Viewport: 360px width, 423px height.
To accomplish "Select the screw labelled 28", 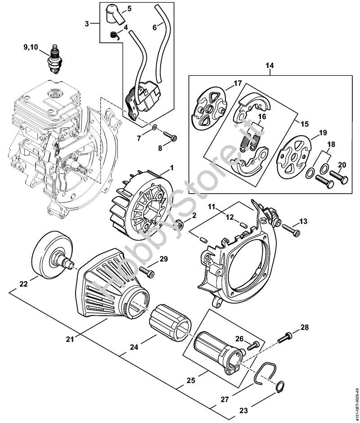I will point(285,337).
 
